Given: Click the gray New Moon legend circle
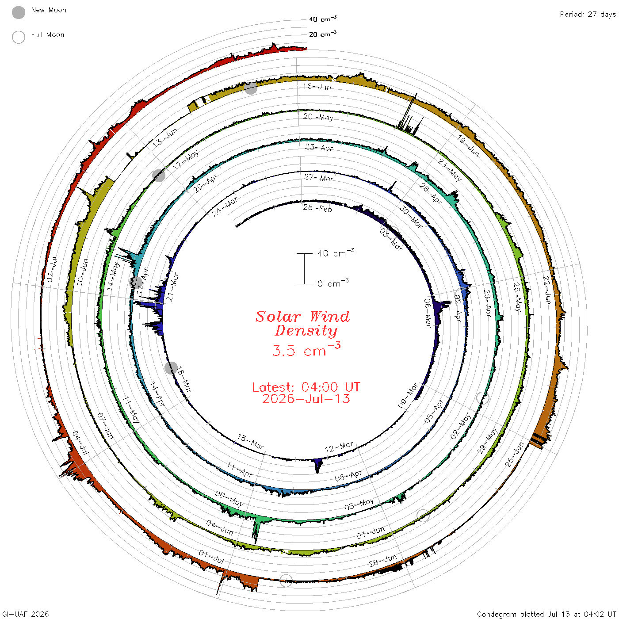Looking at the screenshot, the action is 18,12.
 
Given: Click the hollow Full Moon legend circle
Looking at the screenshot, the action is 18,37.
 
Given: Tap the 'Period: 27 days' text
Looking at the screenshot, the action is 588,15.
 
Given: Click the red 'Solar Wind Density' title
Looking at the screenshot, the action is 302,324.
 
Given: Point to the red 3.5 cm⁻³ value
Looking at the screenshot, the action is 306,349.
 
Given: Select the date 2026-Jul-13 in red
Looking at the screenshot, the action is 306,399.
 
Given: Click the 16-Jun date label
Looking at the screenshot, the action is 317,86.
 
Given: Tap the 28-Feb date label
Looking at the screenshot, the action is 317,208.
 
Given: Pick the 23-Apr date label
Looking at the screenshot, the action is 319,147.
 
